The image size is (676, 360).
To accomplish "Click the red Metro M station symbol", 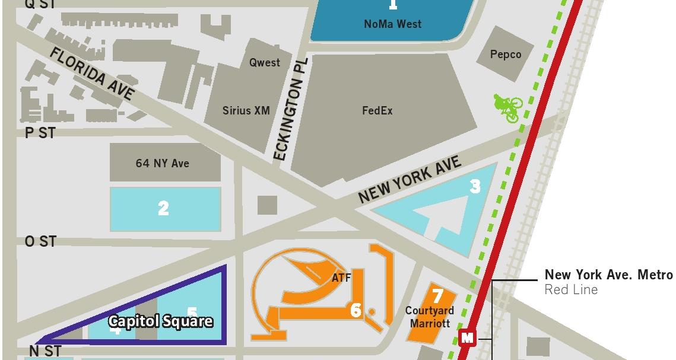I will click(468, 338).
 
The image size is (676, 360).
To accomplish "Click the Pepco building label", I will click(506, 55).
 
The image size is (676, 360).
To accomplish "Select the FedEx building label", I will click(377, 111).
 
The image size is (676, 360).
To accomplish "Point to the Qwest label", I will click(265, 63).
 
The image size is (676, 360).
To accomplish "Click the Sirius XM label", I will click(246, 111).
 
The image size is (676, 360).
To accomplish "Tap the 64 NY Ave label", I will click(163, 163).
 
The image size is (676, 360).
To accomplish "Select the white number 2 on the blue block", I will click(163, 208).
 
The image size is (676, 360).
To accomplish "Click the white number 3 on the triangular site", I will click(475, 187).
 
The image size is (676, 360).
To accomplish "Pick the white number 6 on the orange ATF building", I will click(356, 310).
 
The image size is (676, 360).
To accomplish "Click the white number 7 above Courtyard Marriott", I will click(438, 295).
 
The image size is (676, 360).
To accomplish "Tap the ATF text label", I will click(341, 278).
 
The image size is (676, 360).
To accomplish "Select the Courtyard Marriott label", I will click(430, 317).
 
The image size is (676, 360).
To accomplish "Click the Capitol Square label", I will click(160, 322).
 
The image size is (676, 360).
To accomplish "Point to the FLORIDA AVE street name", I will click(92, 74).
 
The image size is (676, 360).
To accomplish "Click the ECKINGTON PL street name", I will click(290, 109).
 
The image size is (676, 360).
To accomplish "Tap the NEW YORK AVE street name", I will click(410, 180).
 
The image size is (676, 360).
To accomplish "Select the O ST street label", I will click(40, 241).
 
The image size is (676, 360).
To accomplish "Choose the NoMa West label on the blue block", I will click(393, 24).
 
